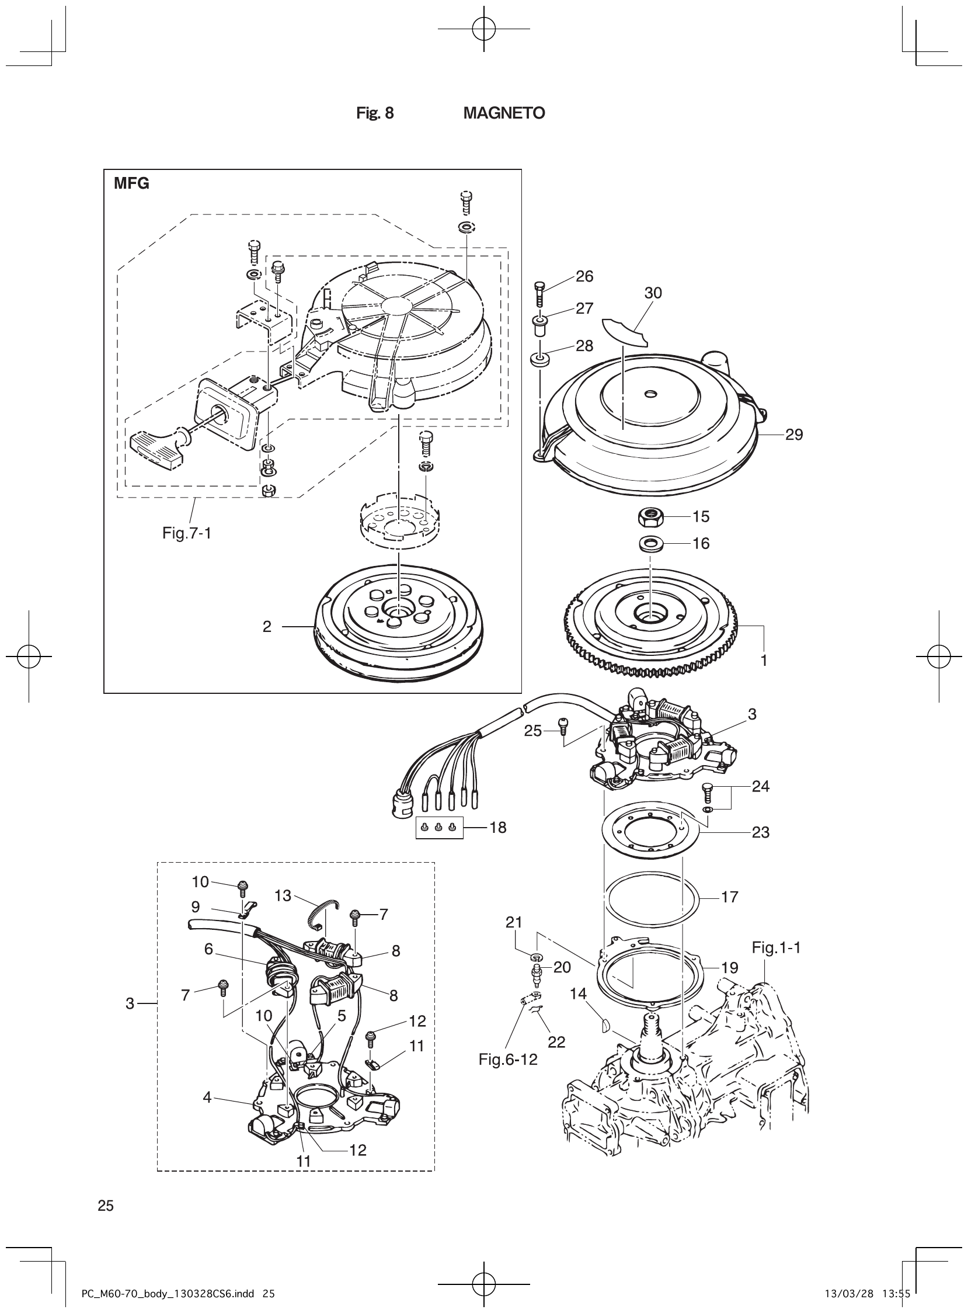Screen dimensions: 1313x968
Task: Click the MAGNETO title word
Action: (504, 113)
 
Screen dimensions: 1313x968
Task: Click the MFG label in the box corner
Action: (131, 184)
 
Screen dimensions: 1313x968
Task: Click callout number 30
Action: (653, 293)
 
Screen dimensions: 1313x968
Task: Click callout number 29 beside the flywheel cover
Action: (794, 435)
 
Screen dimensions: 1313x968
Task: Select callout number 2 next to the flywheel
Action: (267, 627)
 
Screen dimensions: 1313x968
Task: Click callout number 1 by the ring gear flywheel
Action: (764, 661)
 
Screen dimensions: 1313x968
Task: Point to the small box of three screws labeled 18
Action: (439, 827)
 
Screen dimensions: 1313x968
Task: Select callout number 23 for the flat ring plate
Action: (761, 832)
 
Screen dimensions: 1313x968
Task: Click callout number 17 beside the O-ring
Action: (730, 897)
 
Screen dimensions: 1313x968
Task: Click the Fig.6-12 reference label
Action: (508, 1060)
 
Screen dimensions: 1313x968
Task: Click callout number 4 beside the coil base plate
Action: (207, 1097)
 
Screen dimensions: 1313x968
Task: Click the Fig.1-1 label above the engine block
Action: (776, 947)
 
